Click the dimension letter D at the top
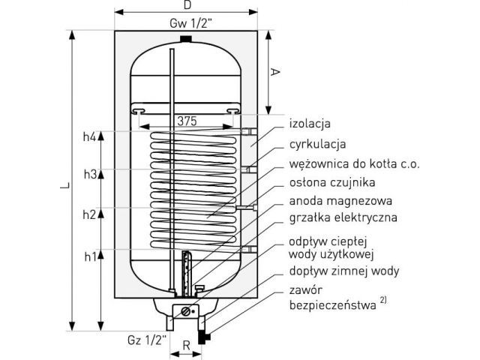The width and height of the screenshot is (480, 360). coord(187,5)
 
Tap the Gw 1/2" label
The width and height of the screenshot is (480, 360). coord(190,23)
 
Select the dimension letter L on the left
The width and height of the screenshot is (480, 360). coord(65,185)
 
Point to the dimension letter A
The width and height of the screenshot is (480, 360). coord(275,72)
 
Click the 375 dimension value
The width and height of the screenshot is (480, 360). coord(187,121)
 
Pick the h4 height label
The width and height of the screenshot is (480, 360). coord(90,136)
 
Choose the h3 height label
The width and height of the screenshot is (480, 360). coord(90,174)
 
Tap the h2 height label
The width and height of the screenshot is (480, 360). coord(89,214)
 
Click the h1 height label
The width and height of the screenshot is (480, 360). coord(90,256)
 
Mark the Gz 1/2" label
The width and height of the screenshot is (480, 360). coord(147,340)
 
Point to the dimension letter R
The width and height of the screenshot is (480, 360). coord(187,345)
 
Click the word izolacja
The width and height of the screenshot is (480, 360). coord(310,124)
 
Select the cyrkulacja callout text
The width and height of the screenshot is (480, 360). coord(318,144)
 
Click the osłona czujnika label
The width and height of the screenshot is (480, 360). coord(332,182)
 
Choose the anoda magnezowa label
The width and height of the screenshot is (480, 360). coord(340,201)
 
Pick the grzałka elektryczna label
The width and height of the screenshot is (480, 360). coord(343,217)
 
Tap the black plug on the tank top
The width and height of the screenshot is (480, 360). coord(186,40)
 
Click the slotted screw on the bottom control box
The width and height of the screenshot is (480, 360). coord(186,312)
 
